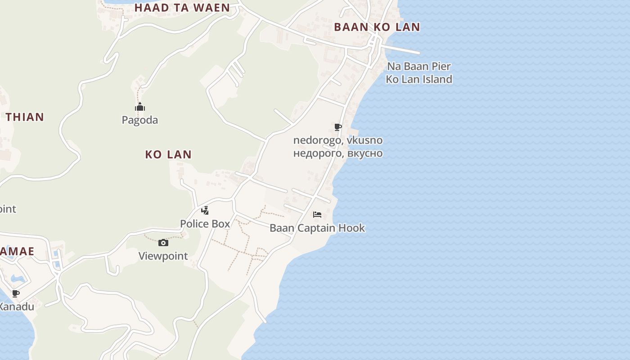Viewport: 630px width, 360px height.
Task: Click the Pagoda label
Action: coord(140,120)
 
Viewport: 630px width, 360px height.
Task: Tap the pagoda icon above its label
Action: coord(140,107)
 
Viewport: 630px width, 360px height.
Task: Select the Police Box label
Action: coord(205,224)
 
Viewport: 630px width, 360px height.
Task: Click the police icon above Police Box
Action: coord(205,210)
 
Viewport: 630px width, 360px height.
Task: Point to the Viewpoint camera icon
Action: coord(163,243)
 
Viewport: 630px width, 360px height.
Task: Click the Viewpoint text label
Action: coord(163,256)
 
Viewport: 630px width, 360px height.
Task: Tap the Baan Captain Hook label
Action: coord(317,228)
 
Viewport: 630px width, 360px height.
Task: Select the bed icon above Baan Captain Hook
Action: coord(317,215)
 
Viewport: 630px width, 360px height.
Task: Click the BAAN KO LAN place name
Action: coord(377,27)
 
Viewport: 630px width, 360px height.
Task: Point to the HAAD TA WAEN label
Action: coord(182,8)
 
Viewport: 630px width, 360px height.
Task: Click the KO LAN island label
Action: coord(168,154)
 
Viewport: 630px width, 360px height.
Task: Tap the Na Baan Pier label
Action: coord(419,67)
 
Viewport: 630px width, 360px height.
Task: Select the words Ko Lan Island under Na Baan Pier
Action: coord(419,80)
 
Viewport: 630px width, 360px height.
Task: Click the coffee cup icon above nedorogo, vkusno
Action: coord(338,127)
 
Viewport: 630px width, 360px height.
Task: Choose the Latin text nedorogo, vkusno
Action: coord(338,140)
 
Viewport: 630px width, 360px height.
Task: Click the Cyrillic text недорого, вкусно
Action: coord(338,153)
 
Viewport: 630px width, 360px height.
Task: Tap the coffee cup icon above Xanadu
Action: coord(16,294)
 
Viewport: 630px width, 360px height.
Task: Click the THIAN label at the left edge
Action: coord(25,117)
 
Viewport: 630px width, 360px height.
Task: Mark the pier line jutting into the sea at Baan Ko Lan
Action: coord(403,49)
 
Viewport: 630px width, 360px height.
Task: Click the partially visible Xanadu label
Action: coord(16,307)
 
